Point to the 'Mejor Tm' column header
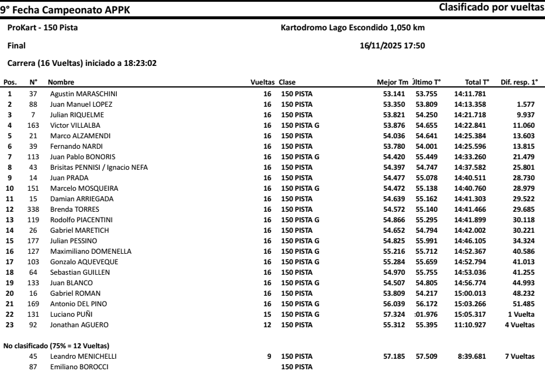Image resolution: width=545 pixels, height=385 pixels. pos(393,82)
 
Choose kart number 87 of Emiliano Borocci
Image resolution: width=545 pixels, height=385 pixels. pos(33,367)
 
